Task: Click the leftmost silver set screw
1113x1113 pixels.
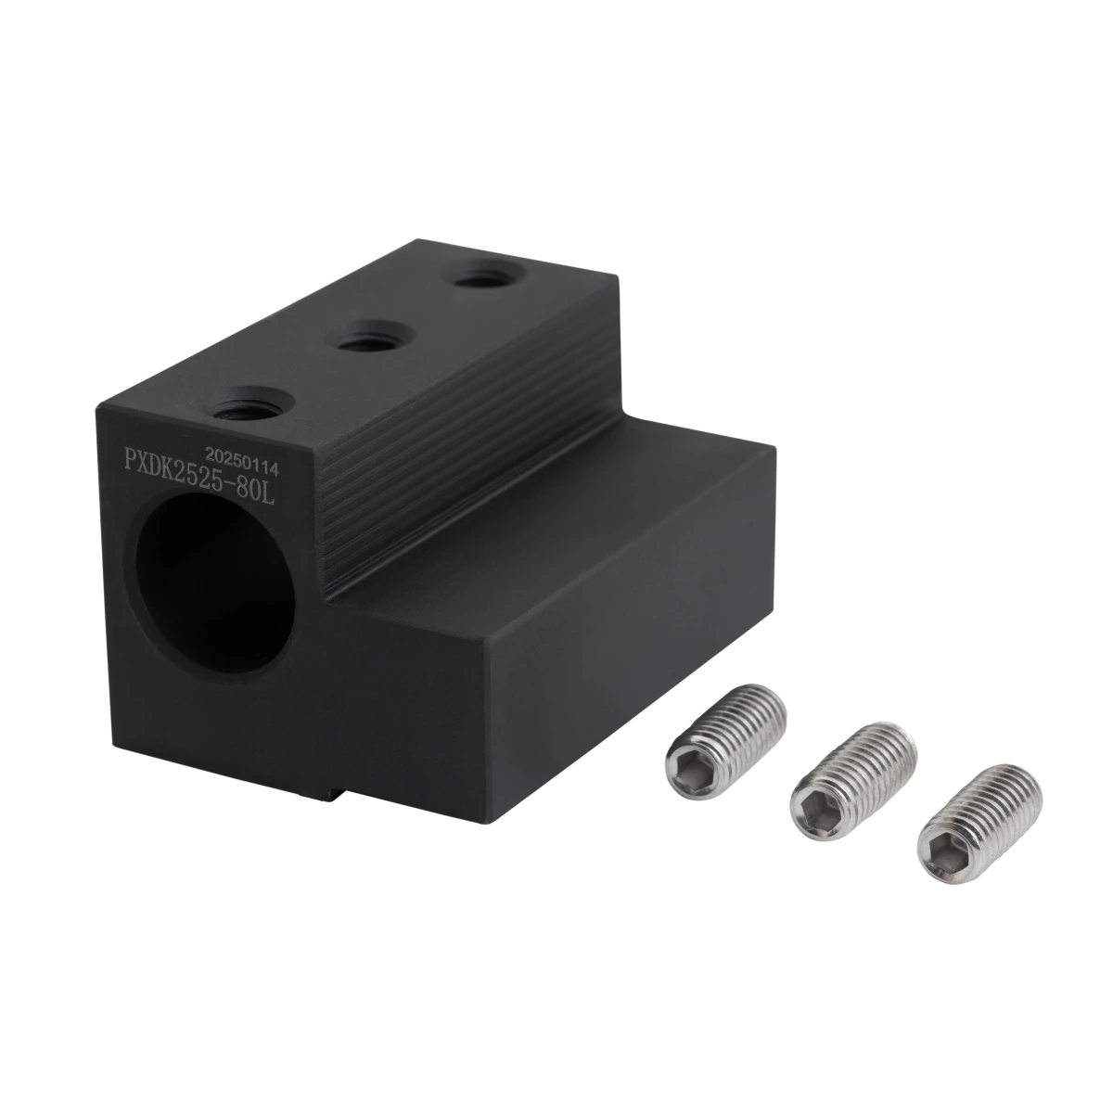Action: (x=725, y=742)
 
